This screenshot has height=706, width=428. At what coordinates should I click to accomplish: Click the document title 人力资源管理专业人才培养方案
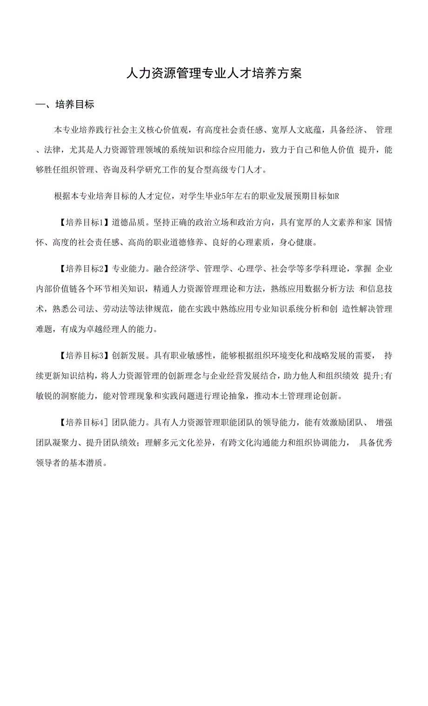[x=214, y=74]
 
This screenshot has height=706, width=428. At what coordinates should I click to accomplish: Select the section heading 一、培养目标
[x=65, y=104]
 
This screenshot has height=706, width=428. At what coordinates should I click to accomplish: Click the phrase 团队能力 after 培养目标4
[x=127, y=422]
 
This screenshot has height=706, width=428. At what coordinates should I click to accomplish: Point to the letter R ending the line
[x=337, y=196]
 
